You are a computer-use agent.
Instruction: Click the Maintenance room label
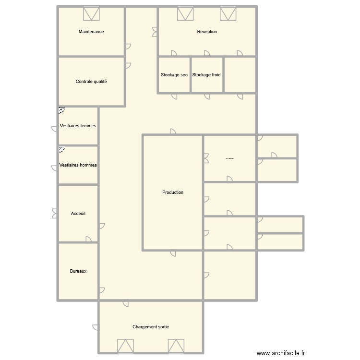coord(91,32)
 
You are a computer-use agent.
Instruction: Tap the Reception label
coord(207,32)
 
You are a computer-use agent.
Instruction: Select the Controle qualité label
coord(91,82)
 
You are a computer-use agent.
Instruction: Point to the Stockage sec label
coord(174,75)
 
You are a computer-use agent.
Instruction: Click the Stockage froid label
coord(206,75)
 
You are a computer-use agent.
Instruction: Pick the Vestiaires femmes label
coord(78,126)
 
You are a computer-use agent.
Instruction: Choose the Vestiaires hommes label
coord(78,165)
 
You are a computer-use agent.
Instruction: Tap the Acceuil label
coord(78,214)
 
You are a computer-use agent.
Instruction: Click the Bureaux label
coord(78,271)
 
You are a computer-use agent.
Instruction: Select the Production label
coord(173,192)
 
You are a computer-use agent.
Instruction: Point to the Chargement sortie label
coord(151,327)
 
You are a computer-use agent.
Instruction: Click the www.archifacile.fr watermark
coord(281,352)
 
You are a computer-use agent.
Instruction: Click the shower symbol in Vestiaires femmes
coord(62,110)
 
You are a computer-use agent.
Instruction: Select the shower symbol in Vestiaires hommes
coord(62,150)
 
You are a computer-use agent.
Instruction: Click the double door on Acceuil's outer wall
coord(55,214)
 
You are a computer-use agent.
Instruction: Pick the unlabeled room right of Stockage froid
coord(240,74)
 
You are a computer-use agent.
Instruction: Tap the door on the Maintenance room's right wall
coord(128,47)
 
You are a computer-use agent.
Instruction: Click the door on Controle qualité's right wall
coord(128,66)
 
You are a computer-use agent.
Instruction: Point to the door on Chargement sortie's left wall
coord(96,327)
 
